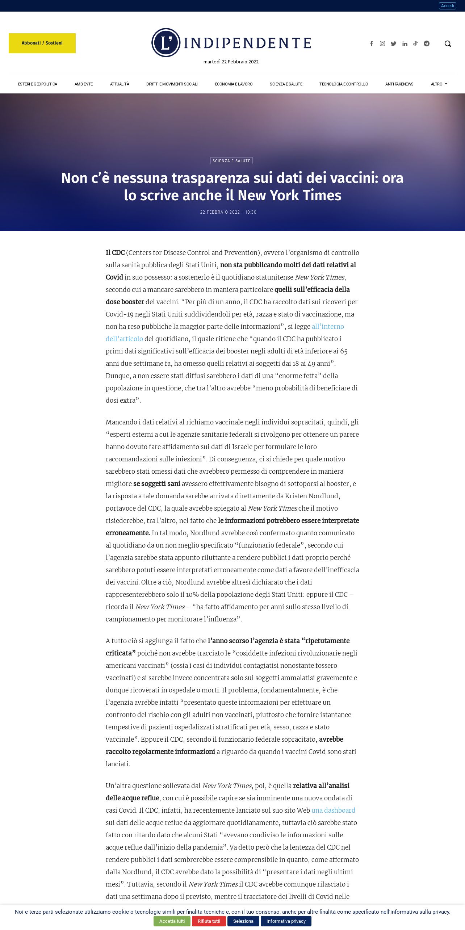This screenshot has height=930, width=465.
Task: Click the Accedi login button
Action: click(447, 6)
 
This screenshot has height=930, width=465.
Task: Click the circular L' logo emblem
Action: click(166, 43)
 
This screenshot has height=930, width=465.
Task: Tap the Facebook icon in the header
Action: click(371, 43)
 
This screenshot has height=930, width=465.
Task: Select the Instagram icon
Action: click(382, 43)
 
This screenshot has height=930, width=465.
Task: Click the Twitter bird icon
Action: click(394, 43)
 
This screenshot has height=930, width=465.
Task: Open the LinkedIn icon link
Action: click(405, 43)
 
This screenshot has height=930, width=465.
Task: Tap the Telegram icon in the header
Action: click(427, 43)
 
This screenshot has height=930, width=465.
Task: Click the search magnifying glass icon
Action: click(448, 43)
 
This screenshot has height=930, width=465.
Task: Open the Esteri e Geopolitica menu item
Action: click(38, 84)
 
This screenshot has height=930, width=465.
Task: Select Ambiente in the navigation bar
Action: click(84, 84)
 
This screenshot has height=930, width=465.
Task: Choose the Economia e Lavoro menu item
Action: click(234, 84)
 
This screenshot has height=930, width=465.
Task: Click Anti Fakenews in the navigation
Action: click(399, 84)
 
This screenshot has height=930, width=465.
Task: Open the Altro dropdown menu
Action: click(439, 84)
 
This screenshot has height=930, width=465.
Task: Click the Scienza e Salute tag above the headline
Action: click(231, 161)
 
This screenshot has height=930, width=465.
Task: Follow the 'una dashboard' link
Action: click(333, 810)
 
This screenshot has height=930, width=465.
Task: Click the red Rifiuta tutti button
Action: click(209, 921)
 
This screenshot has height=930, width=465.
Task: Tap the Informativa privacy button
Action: click(286, 921)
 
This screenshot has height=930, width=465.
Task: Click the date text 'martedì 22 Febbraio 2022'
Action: click(231, 62)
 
